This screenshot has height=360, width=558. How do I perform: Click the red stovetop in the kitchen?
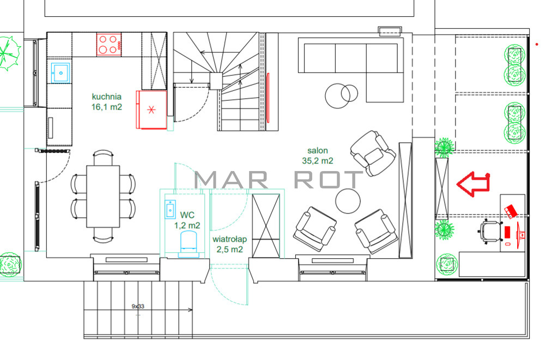pyautogui.click(x=109, y=45)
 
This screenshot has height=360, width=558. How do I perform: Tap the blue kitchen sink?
pyautogui.click(x=61, y=73)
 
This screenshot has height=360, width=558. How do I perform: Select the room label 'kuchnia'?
pyautogui.click(x=106, y=96)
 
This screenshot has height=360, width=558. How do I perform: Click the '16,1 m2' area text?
pyautogui.click(x=107, y=107)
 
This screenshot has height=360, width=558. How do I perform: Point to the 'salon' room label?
pyautogui.click(x=318, y=150)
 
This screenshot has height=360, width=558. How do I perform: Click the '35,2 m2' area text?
pyautogui.click(x=318, y=161)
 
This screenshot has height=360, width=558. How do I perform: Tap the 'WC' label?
pyautogui.click(x=187, y=215)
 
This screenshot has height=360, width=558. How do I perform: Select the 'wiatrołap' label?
pyautogui.click(x=229, y=239)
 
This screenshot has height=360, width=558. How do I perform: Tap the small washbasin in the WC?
pyautogui.click(x=171, y=209)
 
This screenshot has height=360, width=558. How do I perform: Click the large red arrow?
pyautogui.click(x=474, y=184)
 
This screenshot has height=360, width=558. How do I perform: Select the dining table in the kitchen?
pyautogui.click(x=103, y=196)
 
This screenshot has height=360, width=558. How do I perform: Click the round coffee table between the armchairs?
pyautogui.click(x=348, y=201)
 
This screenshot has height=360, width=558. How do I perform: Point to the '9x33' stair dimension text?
pyautogui.click(x=138, y=306)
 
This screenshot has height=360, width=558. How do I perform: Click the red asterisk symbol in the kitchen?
pyautogui.click(x=151, y=109)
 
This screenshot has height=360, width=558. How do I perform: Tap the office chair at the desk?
pyautogui.click(x=490, y=232)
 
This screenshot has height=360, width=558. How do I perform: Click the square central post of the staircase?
pyautogui.click(x=216, y=81)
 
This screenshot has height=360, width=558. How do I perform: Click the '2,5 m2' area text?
pyautogui.click(x=229, y=249)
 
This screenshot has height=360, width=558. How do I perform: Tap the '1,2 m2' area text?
pyautogui.click(x=187, y=225)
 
